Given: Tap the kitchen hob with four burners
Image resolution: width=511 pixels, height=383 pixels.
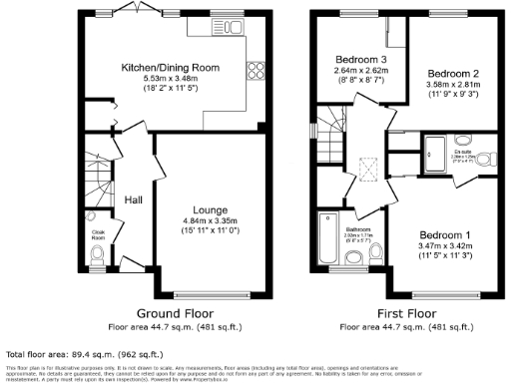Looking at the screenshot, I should [255, 70].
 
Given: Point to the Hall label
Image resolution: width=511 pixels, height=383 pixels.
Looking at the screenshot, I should [133, 200].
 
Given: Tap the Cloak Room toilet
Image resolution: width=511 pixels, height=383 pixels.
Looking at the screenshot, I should [96, 256].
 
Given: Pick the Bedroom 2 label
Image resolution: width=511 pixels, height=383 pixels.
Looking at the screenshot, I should [454, 74].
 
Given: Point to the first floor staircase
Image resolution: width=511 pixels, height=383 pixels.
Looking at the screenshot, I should [330, 150].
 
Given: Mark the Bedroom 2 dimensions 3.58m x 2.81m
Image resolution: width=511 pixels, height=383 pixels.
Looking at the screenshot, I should [454, 86].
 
